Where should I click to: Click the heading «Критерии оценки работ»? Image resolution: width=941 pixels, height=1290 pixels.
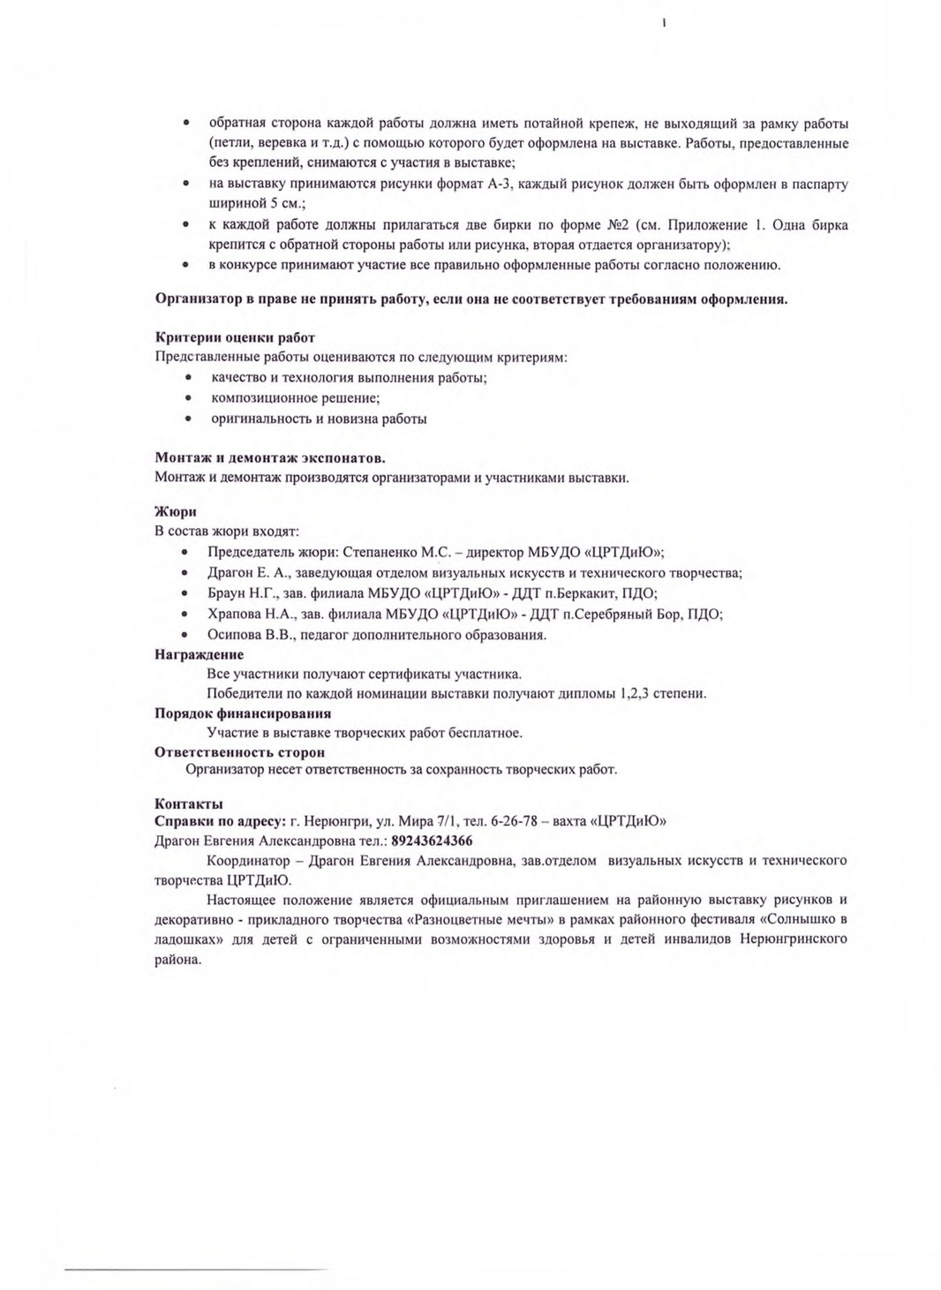pyautogui.click(x=235, y=337)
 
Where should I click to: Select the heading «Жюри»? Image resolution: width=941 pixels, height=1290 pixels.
pyautogui.click(x=175, y=511)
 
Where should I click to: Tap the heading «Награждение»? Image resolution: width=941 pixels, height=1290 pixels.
pyautogui.click(x=199, y=654)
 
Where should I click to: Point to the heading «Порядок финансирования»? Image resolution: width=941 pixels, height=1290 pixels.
pyautogui.click(x=243, y=713)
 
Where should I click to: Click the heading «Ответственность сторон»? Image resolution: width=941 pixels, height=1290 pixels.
pyautogui.click(x=239, y=752)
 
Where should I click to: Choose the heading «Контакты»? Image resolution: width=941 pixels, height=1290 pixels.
pyautogui.click(x=188, y=803)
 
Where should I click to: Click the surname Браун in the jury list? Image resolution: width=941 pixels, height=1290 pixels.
pyautogui.click(x=227, y=593)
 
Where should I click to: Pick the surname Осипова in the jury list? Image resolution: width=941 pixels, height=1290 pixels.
pyautogui.click(x=235, y=634)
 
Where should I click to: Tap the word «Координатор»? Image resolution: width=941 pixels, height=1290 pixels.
pyautogui.click(x=248, y=860)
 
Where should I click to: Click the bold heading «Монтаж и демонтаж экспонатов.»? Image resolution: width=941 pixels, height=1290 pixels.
pyautogui.click(x=269, y=458)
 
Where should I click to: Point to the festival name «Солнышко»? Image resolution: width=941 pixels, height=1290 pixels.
pyautogui.click(x=800, y=919)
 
